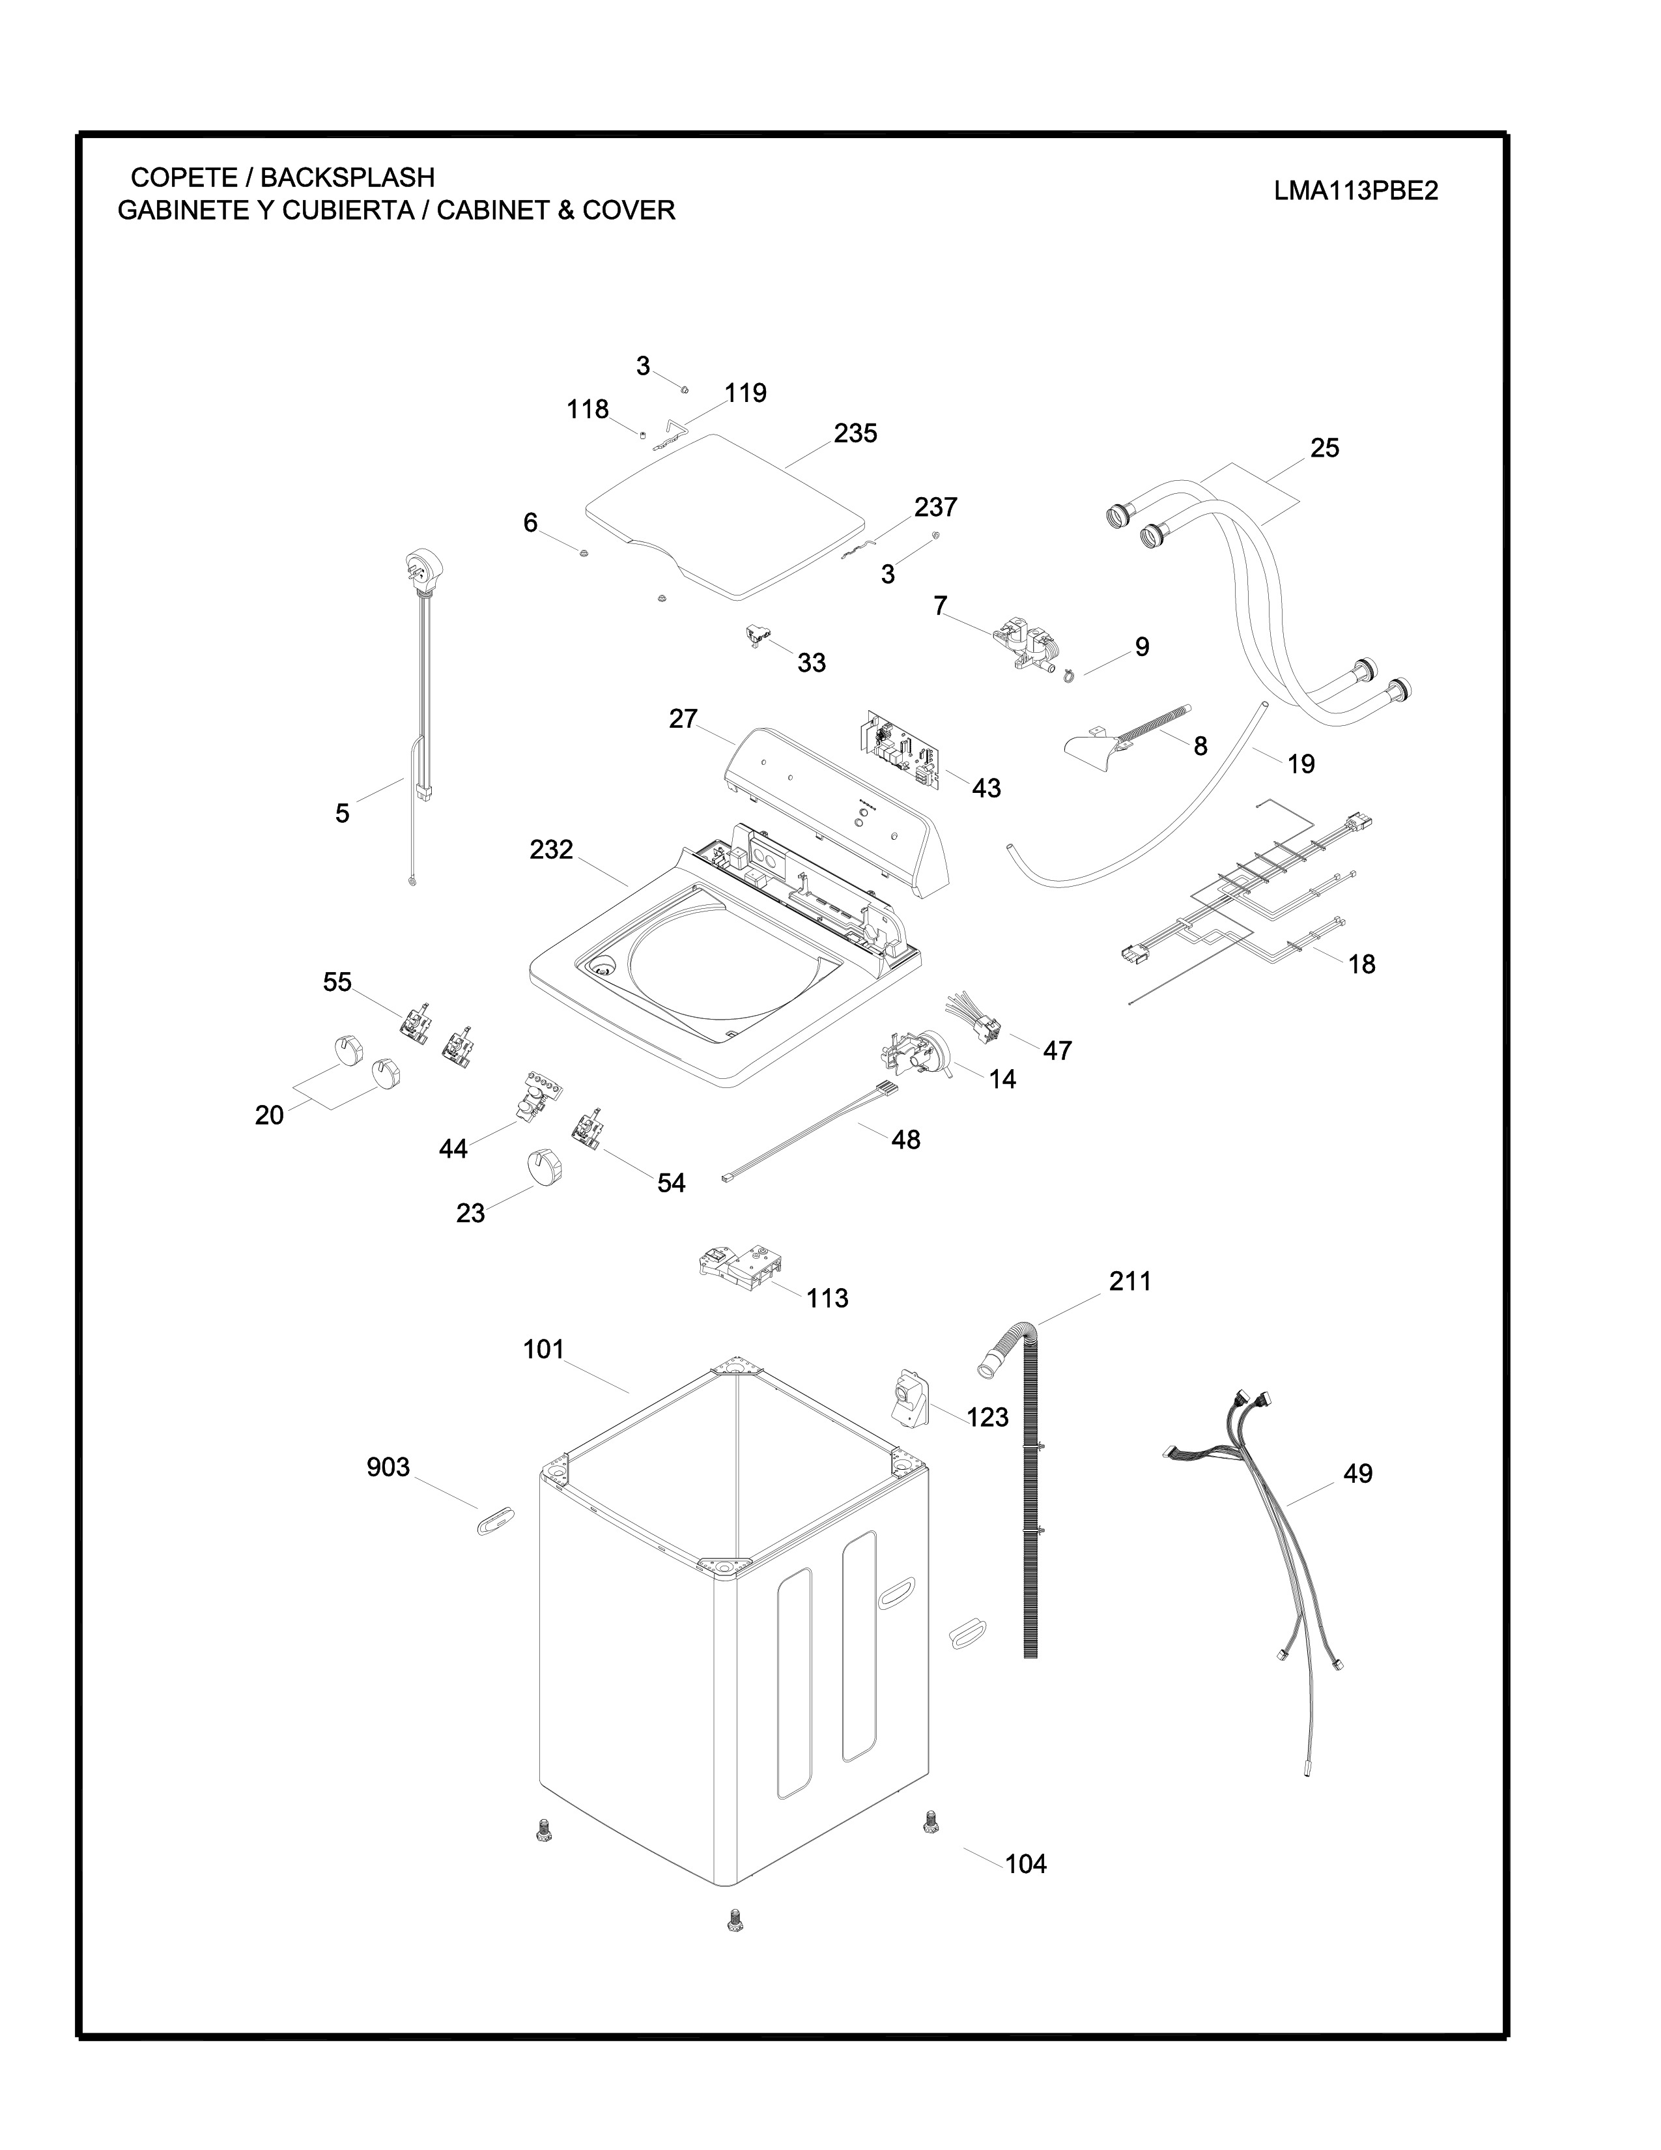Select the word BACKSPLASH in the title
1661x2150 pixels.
[347, 177]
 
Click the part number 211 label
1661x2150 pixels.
[1129, 1281]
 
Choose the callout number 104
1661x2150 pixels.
[1025, 1863]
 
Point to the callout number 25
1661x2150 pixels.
[1324, 448]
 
